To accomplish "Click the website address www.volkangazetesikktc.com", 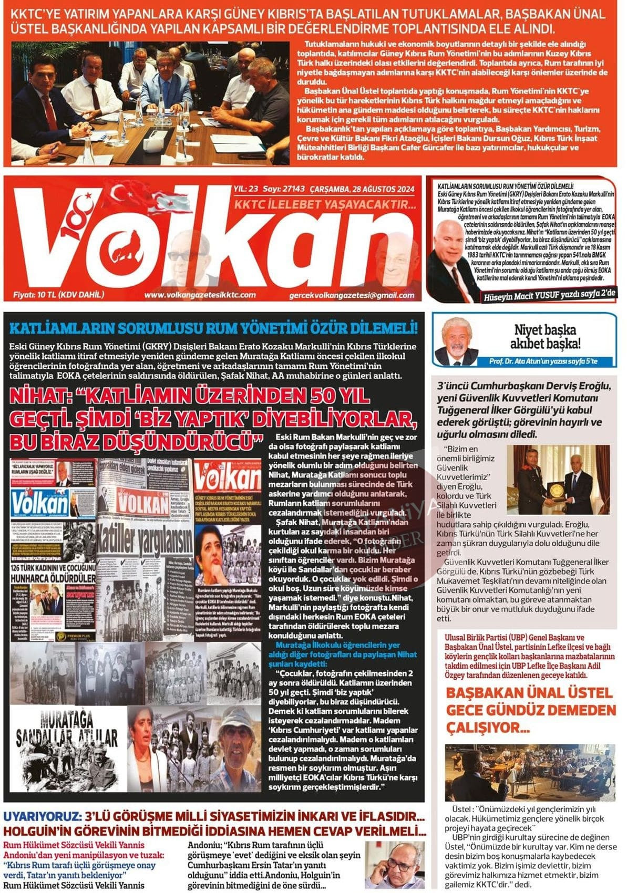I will (200, 295).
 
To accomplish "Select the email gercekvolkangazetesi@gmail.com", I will (351, 296).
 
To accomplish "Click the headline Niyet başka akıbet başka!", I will (545, 337).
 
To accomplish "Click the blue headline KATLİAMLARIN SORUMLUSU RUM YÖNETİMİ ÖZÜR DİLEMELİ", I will (213, 329).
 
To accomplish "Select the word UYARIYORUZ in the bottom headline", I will (42, 817).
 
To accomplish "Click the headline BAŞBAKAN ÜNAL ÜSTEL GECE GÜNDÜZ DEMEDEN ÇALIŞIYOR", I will (530, 710).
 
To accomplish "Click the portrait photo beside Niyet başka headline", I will (456, 341).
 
